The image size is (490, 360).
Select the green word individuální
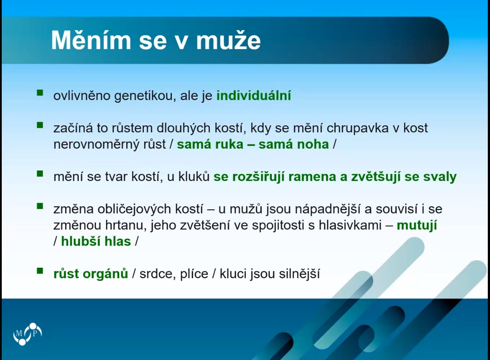coord(254,95)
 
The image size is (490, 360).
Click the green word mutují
coord(417,225)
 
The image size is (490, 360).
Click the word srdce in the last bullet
coord(157,274)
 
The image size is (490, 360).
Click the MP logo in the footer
coord(28,334)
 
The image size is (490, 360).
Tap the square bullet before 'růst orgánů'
coord(40,271)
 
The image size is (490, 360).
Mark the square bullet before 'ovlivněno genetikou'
coord(40,92)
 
